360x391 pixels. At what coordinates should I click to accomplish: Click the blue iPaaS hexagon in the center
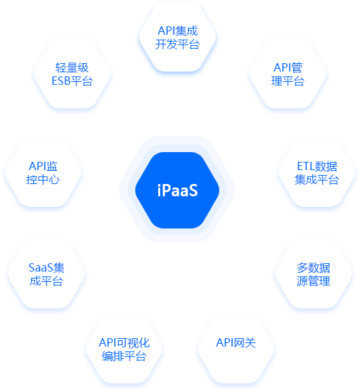pos(177,190)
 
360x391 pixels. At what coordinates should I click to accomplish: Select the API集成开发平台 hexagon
pos(178,37)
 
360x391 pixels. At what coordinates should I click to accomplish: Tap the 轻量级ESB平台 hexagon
pos(72,74)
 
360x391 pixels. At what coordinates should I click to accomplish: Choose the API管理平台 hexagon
pos(288,74)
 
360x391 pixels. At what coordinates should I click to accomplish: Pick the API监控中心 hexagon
pos(43,172)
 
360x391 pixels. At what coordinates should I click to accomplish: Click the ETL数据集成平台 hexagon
pos(317,172)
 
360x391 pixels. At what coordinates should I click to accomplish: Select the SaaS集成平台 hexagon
pos(46,274)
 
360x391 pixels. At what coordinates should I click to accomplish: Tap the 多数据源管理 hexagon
pos(314,274)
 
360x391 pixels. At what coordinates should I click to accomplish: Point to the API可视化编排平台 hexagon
pos(124,349)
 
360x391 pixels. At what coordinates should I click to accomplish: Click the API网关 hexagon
pos(236,349)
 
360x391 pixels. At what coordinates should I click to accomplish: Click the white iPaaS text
pos(178,190)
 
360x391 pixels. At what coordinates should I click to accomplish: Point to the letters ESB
pos(61,81)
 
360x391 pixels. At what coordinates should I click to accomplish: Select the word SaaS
pos(41,268)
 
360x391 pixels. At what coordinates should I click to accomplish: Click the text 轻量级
pos(72,67)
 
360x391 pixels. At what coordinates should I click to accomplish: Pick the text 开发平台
pos(178,44)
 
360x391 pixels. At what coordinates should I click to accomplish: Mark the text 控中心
pos(43,180)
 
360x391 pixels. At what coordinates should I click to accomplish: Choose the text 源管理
pos(314,281)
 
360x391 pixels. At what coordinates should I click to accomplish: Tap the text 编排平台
pos(124,356)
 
